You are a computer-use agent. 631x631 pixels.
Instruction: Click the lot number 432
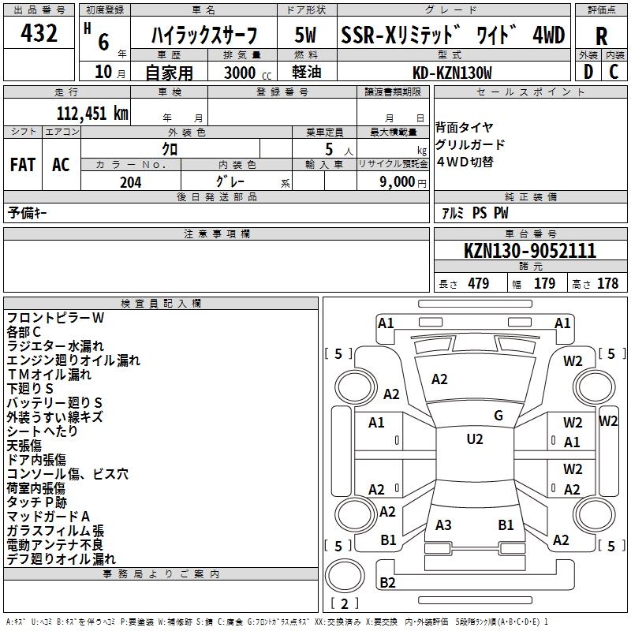click(39, 33)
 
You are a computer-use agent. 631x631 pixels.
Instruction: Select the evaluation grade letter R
click(601, 36)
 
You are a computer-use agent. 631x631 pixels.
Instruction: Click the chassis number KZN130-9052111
click(530, 252)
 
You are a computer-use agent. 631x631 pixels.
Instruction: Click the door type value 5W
click(306, 35)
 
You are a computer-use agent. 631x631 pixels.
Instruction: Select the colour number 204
click(130, 181)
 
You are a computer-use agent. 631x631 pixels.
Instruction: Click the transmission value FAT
click(22, 165)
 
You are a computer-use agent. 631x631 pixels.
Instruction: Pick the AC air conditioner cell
click(60, 165)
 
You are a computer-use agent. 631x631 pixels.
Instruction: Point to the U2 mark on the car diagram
click(474, 439)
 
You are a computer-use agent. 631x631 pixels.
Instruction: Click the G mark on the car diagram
click(498, 416)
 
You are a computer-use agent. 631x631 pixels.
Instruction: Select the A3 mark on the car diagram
click(443, 525)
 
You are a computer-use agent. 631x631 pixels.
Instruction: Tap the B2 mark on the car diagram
click(387, 583)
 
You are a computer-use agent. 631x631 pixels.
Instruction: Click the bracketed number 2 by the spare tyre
click(345, 604)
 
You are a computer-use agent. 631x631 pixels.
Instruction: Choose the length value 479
click(478, 284)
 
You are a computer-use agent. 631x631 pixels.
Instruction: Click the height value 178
click(607, 284)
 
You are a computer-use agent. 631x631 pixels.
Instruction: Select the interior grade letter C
click(614, 72)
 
